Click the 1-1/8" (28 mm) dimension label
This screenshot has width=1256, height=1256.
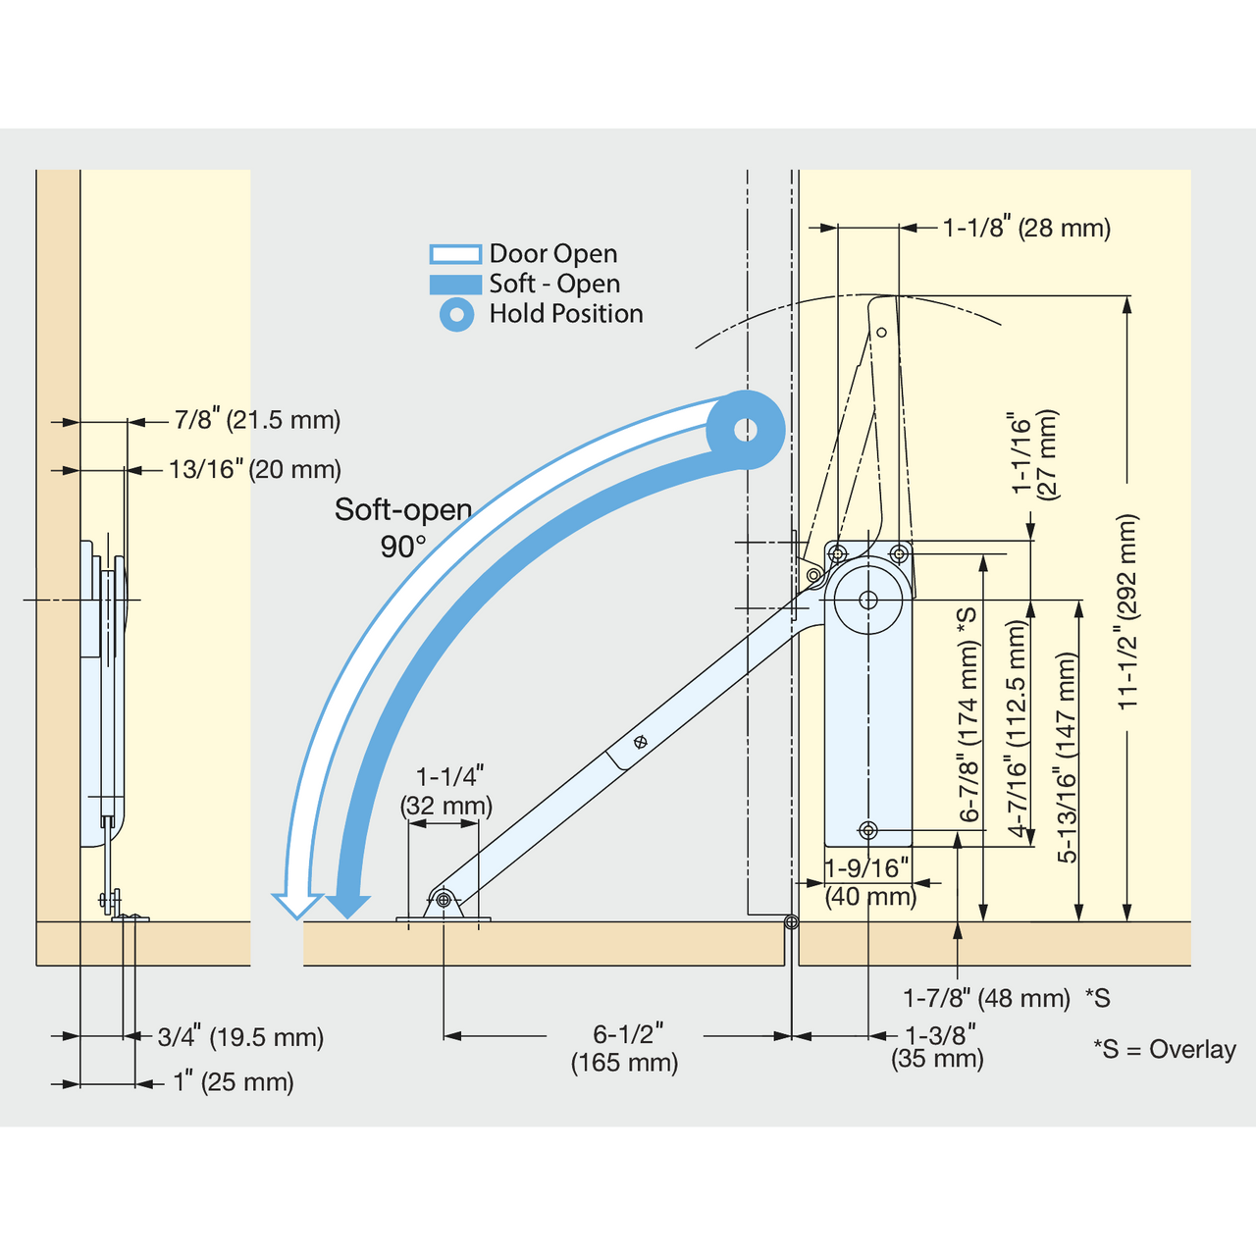[x=1027, y=228]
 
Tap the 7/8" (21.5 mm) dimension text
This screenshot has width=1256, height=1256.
[x=257, y=420]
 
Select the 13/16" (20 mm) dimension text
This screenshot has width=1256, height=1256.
[x=255, y=469]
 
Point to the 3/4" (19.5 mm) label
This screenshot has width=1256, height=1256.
[x=240, y=1037]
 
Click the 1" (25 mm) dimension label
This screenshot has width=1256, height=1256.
[x=234, y=1082]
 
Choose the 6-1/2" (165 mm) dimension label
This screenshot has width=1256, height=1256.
[x=624, y=1049]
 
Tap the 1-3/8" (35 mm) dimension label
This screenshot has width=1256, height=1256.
[x=937, y=1046]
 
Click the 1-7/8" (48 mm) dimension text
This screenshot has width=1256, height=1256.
[x=986, y=998]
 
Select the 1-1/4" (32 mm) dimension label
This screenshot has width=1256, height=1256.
[x=446, y=791]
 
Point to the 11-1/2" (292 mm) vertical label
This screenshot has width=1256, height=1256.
[x=1127, y=611]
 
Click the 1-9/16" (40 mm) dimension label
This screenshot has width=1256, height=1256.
[x=870, y=882]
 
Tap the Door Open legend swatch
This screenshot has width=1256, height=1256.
[x=455, y=254]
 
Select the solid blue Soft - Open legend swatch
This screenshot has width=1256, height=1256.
[x=455, y=285]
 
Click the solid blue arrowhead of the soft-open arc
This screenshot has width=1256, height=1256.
[x=348, y=906]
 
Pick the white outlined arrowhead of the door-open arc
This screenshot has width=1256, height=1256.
[x=297, y=906]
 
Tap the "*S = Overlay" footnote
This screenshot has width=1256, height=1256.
[x=1164, y=1049]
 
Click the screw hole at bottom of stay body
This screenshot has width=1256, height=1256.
[x=868, y=830]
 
